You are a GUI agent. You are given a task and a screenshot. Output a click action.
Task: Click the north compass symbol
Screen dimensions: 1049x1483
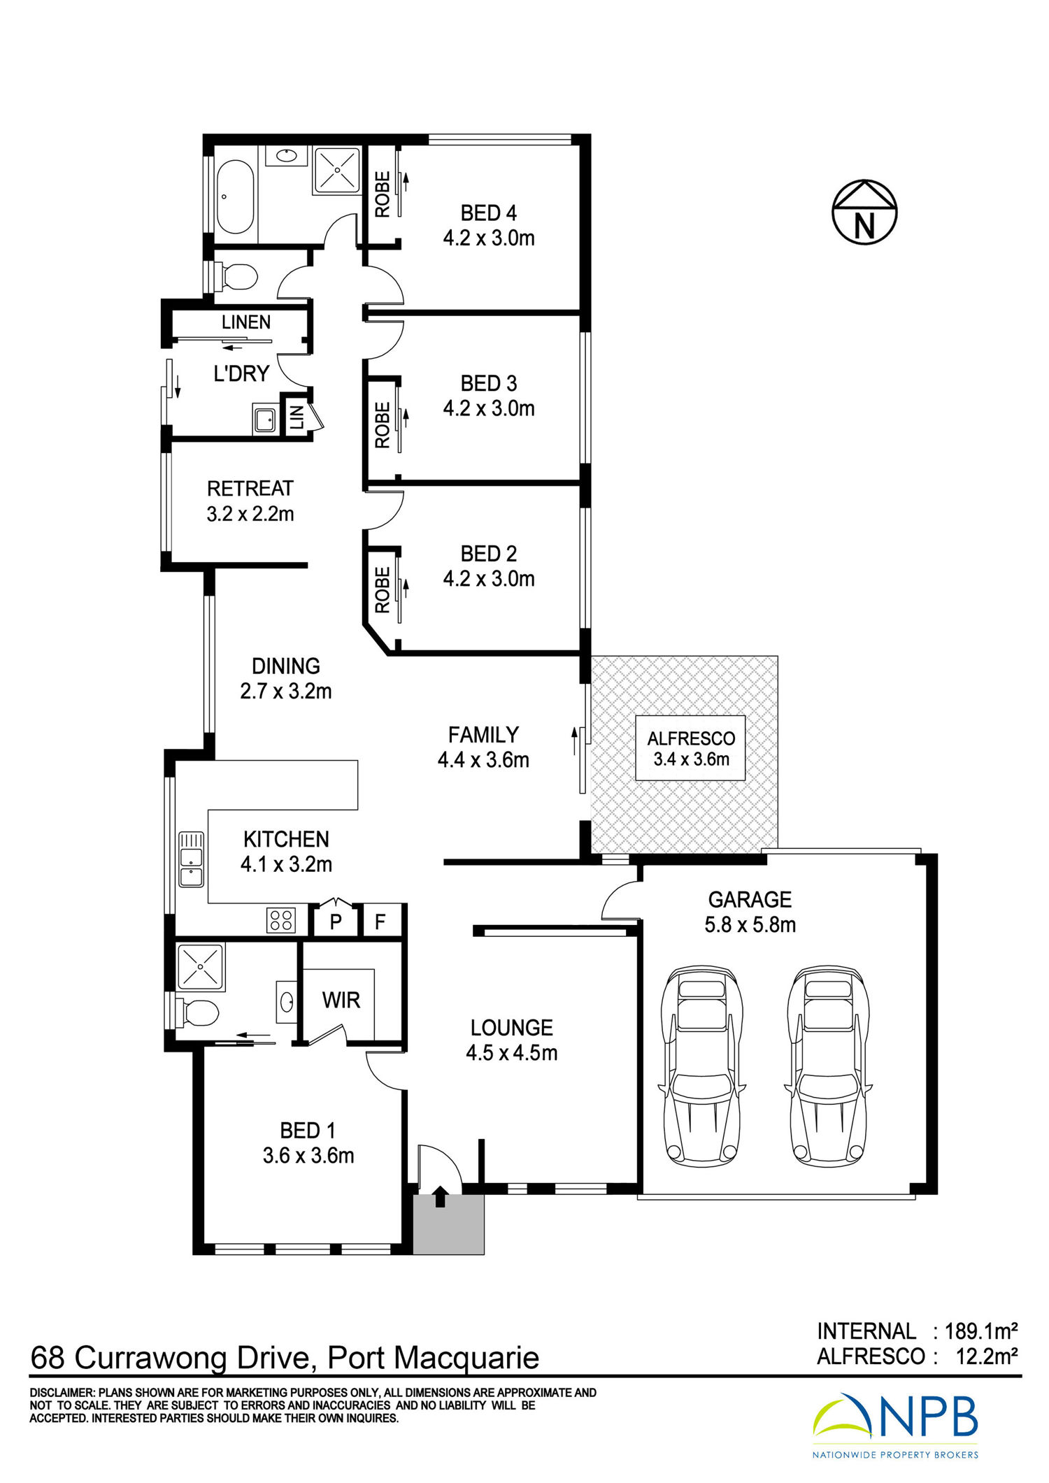(864, 212)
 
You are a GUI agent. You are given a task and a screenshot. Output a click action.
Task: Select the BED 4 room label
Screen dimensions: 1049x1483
(489, 213)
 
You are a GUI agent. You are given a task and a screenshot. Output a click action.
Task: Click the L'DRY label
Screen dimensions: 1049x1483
(241, 373)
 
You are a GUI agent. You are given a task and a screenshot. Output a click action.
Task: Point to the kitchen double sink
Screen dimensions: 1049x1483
(191, 859)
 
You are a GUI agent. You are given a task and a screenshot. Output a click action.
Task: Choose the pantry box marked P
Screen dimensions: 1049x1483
(336, 921)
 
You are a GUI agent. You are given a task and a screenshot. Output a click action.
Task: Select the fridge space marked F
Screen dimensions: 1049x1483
(381, 921)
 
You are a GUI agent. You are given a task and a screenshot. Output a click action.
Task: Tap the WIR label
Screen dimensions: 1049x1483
(341, 1000)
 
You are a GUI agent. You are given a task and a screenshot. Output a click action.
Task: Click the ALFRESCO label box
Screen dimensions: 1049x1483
(690, 748)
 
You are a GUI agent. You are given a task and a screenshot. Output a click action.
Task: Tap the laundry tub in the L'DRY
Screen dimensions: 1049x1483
(265, 420)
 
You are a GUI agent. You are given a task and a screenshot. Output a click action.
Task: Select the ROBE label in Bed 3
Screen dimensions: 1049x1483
(383, 425)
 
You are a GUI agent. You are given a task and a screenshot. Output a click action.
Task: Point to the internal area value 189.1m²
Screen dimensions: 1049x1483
(981, 1331)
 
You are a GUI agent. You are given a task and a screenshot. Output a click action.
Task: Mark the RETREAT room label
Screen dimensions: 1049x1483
(250, 488)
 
